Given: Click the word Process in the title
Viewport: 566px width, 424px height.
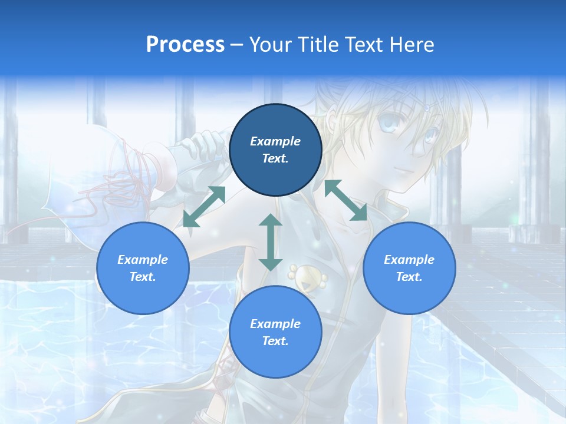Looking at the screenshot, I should (185, 45).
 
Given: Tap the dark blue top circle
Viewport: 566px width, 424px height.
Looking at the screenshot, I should (275, 150).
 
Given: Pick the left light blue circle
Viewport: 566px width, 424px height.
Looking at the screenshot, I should (143, 268).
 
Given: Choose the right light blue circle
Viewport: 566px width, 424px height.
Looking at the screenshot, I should (409, 268).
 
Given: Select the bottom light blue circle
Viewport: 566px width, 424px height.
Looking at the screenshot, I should (275, 332).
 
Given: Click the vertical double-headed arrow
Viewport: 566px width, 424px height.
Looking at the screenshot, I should (271, 242).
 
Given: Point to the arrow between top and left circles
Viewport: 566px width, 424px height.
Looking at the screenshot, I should (205, 207).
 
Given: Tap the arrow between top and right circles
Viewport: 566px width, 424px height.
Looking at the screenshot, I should (345, 200).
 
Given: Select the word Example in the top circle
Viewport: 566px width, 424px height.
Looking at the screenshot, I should (275, 141).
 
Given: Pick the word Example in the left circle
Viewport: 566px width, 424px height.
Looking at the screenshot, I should (143, 260).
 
